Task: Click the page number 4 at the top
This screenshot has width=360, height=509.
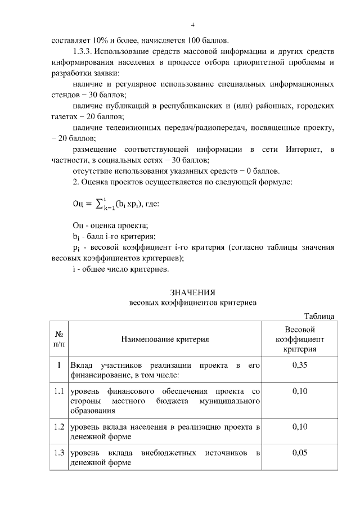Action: click(x=192, y=25)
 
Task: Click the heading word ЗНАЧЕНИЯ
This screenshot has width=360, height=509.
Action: click(x=193, y=292)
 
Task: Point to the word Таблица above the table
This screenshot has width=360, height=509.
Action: click(x=319, y=317)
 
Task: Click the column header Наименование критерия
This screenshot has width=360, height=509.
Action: click(x=165, y=339)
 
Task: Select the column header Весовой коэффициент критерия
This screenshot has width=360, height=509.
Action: click(x=299, y=339)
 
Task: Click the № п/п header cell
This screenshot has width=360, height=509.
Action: click(x=58, y=339)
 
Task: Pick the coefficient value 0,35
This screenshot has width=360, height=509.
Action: click(x=299, y=366)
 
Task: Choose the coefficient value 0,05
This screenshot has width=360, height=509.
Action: click(x=299, y=453)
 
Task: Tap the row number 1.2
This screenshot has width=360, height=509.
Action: click(x=58, y=427)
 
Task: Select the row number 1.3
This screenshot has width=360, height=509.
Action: click(x=58, y=453)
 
